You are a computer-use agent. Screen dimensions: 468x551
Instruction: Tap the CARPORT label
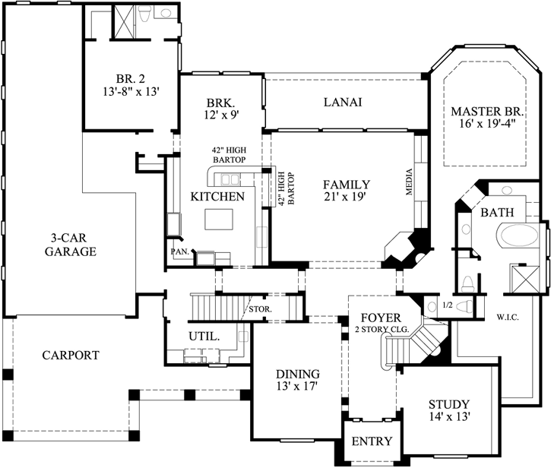(70, 355)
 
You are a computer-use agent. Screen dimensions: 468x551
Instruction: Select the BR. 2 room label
(127, 77)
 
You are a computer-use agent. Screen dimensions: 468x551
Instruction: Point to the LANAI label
(342, 102)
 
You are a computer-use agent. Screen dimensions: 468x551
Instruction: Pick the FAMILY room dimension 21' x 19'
(345, 198)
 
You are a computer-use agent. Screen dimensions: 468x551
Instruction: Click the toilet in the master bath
(469, 284)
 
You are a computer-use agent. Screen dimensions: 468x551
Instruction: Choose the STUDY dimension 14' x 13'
(448, 417)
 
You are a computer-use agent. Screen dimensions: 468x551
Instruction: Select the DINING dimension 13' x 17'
(297, 387)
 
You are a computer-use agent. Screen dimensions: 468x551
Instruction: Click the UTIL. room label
(204, 335)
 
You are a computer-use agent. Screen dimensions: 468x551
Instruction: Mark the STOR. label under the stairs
(261, 309)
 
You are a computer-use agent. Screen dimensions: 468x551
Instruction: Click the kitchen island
(221, 220)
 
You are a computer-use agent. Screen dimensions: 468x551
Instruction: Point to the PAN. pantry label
(179, 250)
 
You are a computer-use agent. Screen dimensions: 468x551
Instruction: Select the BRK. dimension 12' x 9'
(222, 115)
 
